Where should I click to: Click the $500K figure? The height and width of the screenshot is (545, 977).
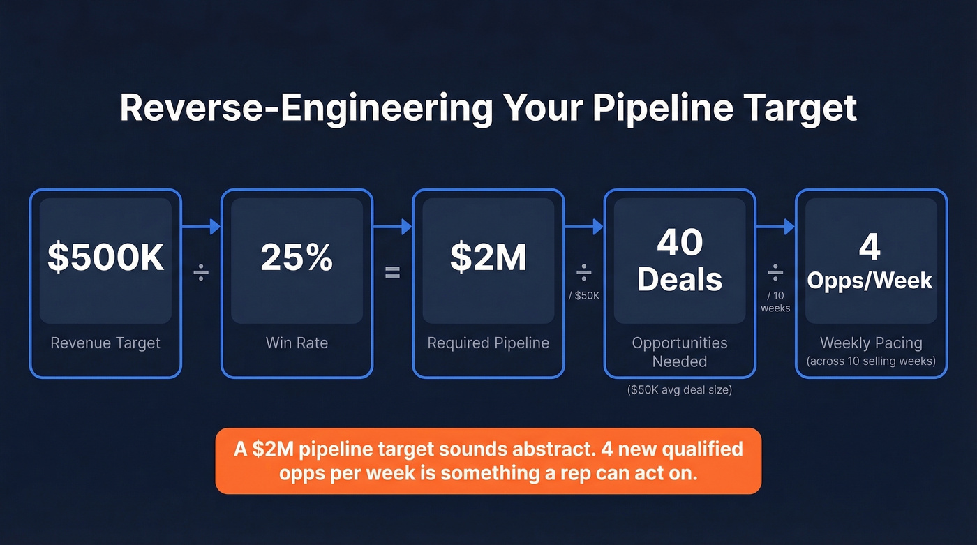click(x=105, y=257)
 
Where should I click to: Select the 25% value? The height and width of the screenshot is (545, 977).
click(x=297, y=257)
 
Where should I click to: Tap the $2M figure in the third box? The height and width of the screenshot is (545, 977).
click(x=488, y=257)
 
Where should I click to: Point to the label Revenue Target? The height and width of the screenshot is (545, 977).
click(x=105, y=343)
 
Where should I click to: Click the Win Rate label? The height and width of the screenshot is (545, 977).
click(x=297, y=343)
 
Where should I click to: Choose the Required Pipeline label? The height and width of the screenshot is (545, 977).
click(x=488, y=343)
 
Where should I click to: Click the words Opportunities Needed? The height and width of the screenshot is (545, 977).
click(x=679, y=352)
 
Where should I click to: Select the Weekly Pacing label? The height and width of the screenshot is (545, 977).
click(x=871, y=343)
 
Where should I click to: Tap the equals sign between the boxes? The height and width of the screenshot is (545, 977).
click(x=393, y=273)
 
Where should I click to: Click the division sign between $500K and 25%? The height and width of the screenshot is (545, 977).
click(x=201, y=273)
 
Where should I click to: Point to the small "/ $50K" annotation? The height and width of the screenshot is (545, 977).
click(x=584, y=295)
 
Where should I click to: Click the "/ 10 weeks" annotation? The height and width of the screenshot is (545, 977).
click(x=775, y=301)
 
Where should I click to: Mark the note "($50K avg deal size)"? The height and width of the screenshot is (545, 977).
click(x=679, y=390)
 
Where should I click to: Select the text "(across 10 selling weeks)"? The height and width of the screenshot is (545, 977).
click(x=871, y=361)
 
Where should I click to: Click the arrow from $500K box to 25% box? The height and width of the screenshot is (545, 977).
click(x=201, y=227)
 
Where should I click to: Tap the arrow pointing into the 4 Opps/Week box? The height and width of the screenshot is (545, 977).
click(x=775, y=227)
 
